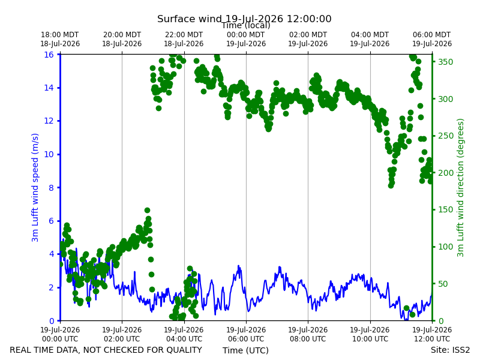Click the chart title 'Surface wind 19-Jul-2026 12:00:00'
click(x=244, y=19)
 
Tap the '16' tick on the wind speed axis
click(x=49, y=55)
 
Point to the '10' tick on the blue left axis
click(x=49, y=154)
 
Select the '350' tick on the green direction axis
click(x=445, y=62)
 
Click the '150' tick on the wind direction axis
click(x=445, y=209)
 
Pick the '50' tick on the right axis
click(x=443, y=284)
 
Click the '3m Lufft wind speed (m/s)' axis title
click(x=35, y=187)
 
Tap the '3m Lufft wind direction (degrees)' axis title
click(x=460, y=188)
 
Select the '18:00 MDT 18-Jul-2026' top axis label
click(x=60, y=39)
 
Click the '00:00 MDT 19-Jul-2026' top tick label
click(x=246, y=39)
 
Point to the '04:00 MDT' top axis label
click(x=370, y=35)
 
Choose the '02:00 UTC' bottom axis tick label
click(x=122, y=339)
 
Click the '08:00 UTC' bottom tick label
click(x=308, y=339)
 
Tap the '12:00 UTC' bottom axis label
click(x=432, y=339)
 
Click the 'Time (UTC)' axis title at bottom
click(x=245, y=350)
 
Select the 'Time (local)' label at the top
click(x=246, y=25)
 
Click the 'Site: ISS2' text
click(x=450, y=350)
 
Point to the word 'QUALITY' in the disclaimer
click(x=182, y=350)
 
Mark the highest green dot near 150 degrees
click(x=147, y=211)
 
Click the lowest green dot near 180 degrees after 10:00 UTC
click(x=391, y=185)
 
